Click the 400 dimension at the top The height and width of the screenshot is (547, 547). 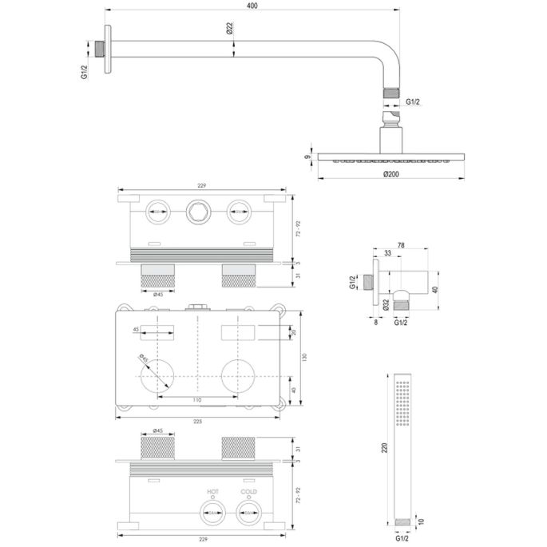(x=253, y=6)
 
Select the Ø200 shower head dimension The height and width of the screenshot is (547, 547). (x=390, y=174)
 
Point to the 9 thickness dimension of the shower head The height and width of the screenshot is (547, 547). (x=306, y=157)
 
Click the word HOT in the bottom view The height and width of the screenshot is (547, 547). (x=212, y=492)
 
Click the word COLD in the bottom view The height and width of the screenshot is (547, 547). (x=249, y=492)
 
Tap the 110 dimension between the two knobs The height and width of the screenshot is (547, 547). (x=196, y=399)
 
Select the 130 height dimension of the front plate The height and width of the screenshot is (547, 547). (x=302, y=358)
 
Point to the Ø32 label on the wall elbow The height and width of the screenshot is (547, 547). (x=385, y=303)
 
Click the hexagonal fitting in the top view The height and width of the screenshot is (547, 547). (x=196, y=212)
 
